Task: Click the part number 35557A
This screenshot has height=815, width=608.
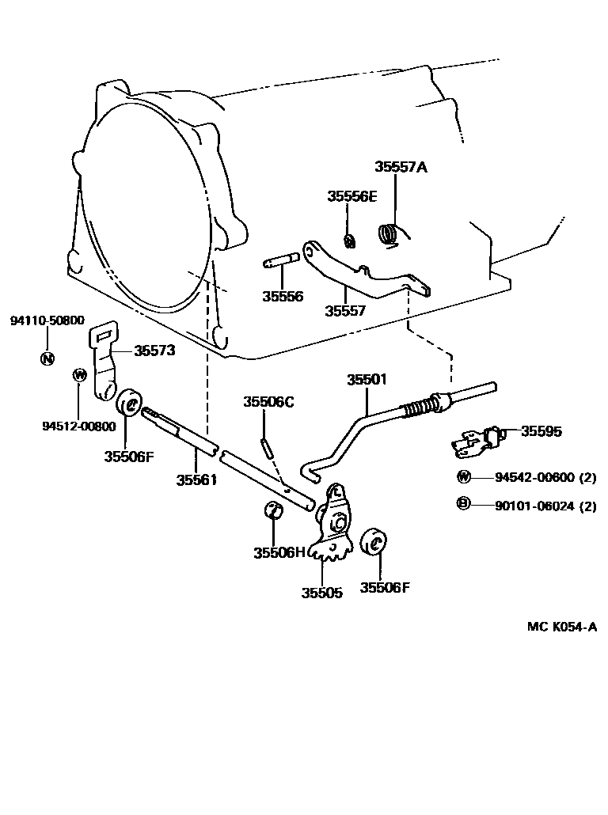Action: [x=401, y=167]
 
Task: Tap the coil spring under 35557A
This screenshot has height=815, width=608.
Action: [x=388, y=233]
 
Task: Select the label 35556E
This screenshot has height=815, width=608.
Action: [x=352, y=196]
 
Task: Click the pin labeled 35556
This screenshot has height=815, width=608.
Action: [x=282, y=260]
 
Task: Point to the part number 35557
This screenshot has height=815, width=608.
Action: [x=345, y=311]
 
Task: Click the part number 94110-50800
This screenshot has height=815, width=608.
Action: [x=47, y=320]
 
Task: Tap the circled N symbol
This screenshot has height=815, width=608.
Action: [x=47, y=358]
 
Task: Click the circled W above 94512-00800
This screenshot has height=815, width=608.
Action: [x=78, y=375]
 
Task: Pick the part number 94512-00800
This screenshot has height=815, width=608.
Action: [x=79, y=426]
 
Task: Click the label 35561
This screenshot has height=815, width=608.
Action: [x=196, y=480]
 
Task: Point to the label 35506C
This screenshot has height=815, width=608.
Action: [x=268, y=402]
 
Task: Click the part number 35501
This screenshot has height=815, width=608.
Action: [x=367, y=380]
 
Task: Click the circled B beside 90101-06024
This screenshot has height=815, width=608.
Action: [x=463, y=504]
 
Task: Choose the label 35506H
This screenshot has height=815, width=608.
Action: [x=279, y=552]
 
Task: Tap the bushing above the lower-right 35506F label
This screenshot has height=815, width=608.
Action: [x=373, y=544]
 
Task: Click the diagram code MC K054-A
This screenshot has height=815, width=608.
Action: [x=562, y=626]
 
